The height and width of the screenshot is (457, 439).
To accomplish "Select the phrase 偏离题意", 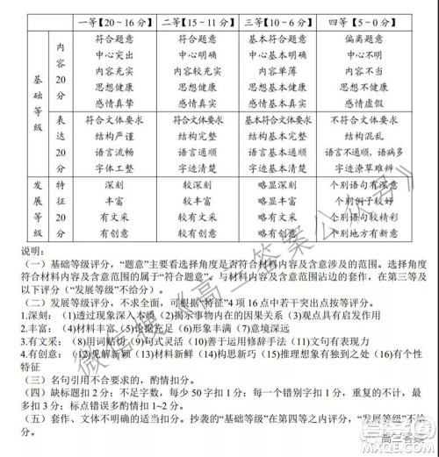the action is coord(369,39).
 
